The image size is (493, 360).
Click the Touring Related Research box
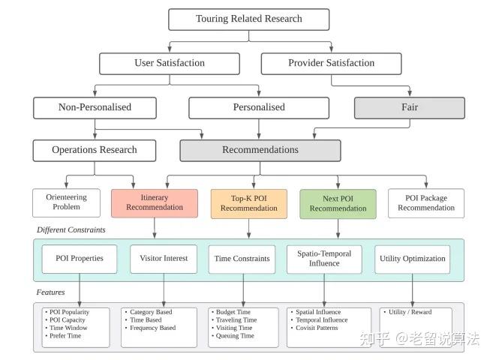248,19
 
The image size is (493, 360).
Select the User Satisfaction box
169,63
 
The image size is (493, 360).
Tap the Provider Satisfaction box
331,63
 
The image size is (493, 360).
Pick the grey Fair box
409,107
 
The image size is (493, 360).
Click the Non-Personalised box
95,107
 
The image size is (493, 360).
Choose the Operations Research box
95,150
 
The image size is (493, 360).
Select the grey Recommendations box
260,150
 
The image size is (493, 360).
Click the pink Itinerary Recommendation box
154,202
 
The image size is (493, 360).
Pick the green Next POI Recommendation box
338,202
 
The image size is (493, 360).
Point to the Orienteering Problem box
66,202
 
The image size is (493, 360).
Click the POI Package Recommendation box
425,202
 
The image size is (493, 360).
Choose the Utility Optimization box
411,259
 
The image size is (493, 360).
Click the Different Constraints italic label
71,229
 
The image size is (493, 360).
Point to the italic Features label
50,292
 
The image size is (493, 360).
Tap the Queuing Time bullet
236,336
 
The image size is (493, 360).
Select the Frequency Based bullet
153,328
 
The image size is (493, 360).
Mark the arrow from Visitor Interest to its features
164,289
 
